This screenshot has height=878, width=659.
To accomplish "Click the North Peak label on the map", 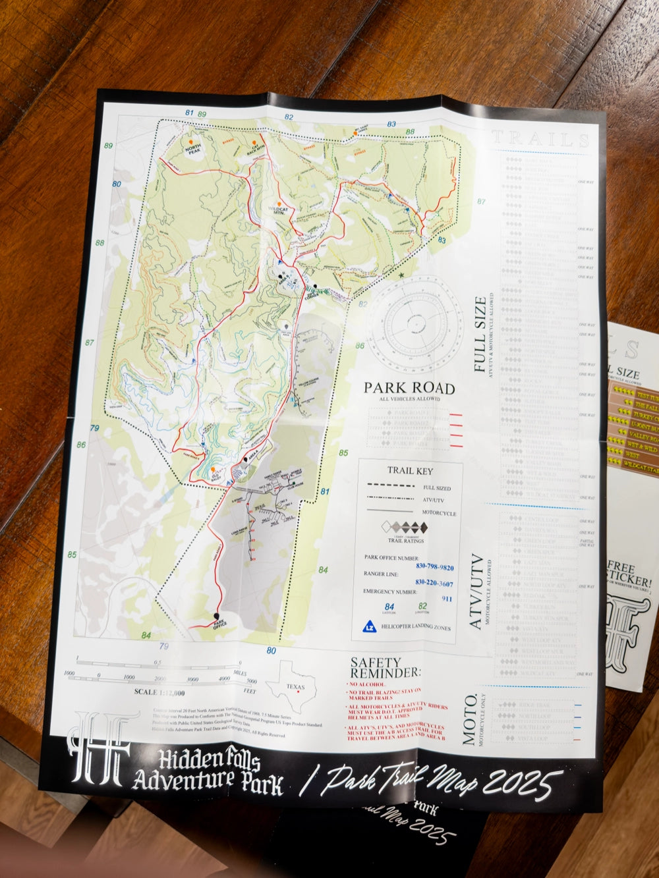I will coord(192,150).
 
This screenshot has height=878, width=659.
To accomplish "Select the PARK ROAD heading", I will coord(409,388).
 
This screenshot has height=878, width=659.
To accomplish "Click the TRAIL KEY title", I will coord(410,471).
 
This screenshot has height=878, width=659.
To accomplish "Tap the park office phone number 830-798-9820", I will coord(434,567).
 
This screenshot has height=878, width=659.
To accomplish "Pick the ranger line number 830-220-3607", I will coord(434,584).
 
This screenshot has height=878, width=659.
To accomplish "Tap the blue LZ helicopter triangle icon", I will coord(371,626).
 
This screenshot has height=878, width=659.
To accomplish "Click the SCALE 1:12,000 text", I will coord(159,692).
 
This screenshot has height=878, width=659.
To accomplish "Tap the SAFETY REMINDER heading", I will coord(385,668).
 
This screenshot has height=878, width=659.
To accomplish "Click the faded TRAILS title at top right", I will coord(540,139).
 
